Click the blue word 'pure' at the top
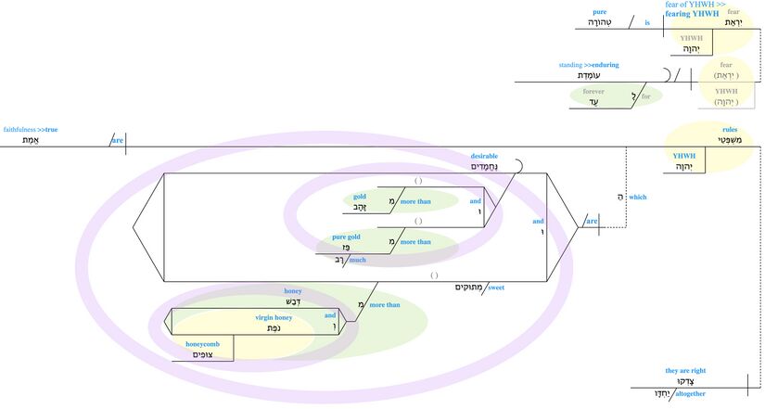[599, 12]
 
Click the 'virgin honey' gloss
[274, 317]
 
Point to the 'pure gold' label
[346, 237]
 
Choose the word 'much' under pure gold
[357, 261]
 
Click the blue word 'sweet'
[495, 288]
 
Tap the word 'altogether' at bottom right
[687, 393]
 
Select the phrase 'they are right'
[685, 370]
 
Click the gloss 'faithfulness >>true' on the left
[31, 130]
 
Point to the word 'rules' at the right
[730, 130]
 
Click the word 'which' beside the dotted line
[637, 197]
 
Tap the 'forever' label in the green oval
[593, 92]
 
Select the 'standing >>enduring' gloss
[588, 65]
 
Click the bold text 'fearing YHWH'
[692, 14]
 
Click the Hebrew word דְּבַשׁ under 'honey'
[292, 302]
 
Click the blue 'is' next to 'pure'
[647, 21]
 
